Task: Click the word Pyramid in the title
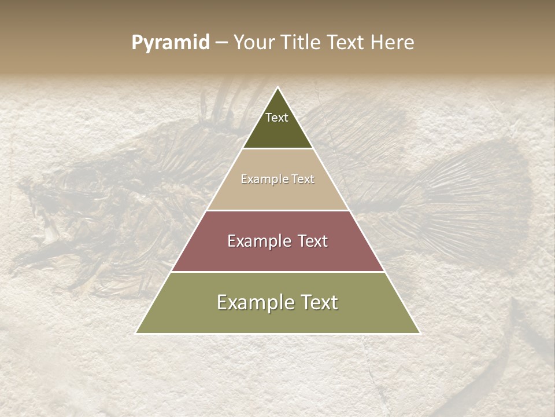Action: point(170,43)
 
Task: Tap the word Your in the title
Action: point(254,43)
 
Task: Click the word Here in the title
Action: point(393,43)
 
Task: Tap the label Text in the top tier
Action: point(277,118)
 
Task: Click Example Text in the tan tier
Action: point(277,179)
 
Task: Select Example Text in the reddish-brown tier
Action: point(277,241)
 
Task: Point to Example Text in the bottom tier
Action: point(277,302)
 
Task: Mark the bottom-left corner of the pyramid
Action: point(137,333)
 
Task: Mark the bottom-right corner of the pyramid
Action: point(419,333)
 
